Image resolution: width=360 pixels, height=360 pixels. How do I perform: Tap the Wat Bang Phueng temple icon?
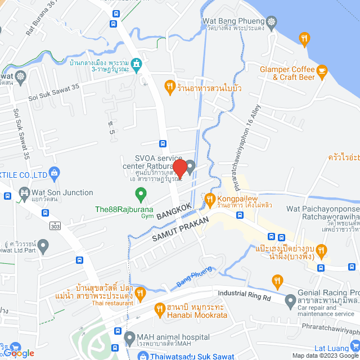point(272,21)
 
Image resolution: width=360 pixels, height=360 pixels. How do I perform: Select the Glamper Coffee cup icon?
point(322,70)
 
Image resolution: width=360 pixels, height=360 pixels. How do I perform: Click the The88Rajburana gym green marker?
point(141,195)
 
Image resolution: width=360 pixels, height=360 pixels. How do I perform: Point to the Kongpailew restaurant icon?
point(209,199)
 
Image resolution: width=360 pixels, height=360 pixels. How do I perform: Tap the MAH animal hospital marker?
point(128,338)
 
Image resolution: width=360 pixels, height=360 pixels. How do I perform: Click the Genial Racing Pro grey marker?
point(290,299)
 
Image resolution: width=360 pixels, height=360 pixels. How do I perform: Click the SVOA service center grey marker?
point(190,166)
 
